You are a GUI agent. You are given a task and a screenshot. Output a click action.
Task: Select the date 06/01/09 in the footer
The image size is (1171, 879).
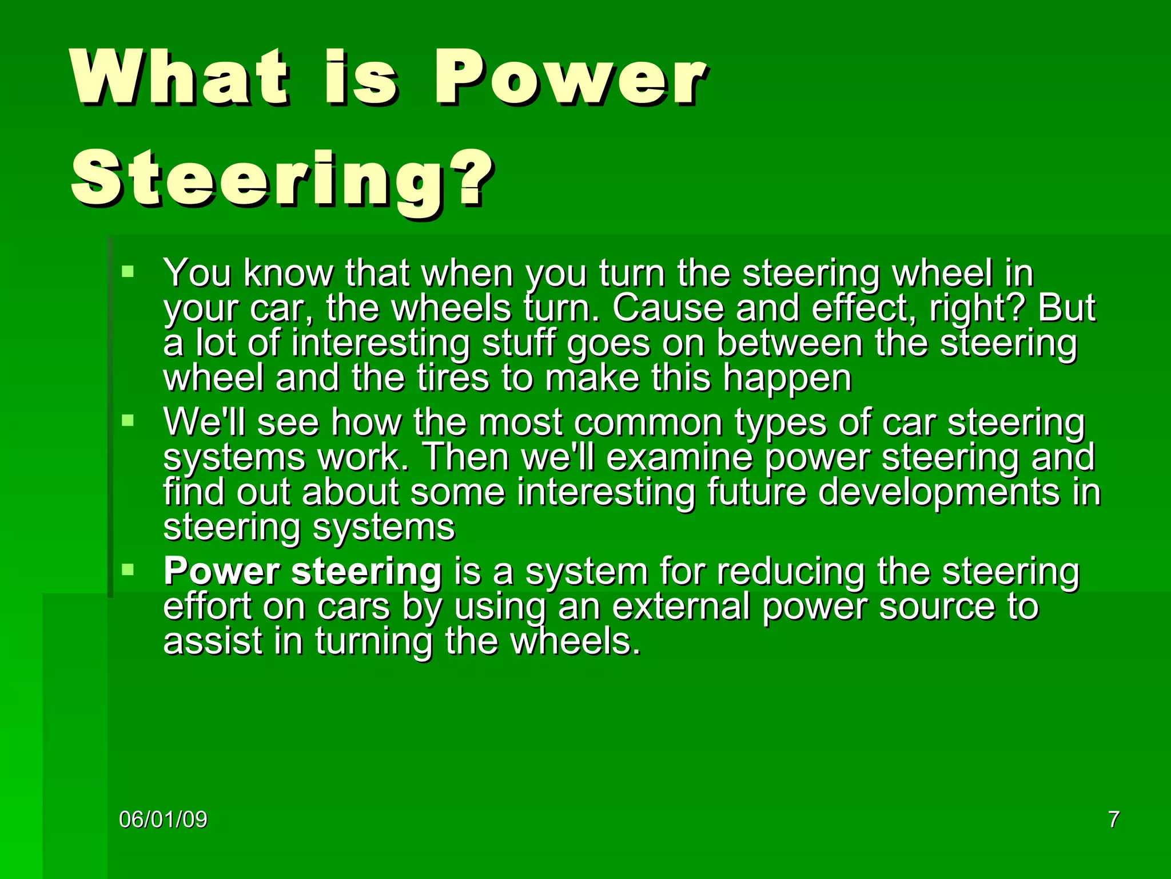[x=163, y=819]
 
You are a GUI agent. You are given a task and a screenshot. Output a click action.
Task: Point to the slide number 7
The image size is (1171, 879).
[x=1113, y=819]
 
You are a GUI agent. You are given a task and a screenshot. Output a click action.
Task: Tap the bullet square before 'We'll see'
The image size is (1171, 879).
[x=128, y=421]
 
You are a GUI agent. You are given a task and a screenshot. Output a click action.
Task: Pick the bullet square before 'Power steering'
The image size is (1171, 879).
[x=128, y=569]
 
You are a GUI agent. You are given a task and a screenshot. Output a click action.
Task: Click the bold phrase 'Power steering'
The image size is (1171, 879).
[x=302, y=571]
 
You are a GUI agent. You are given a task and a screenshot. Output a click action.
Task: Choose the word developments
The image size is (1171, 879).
[x=938, y=493]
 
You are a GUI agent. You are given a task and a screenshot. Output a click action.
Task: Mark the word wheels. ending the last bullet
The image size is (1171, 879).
[x=575, y=641]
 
